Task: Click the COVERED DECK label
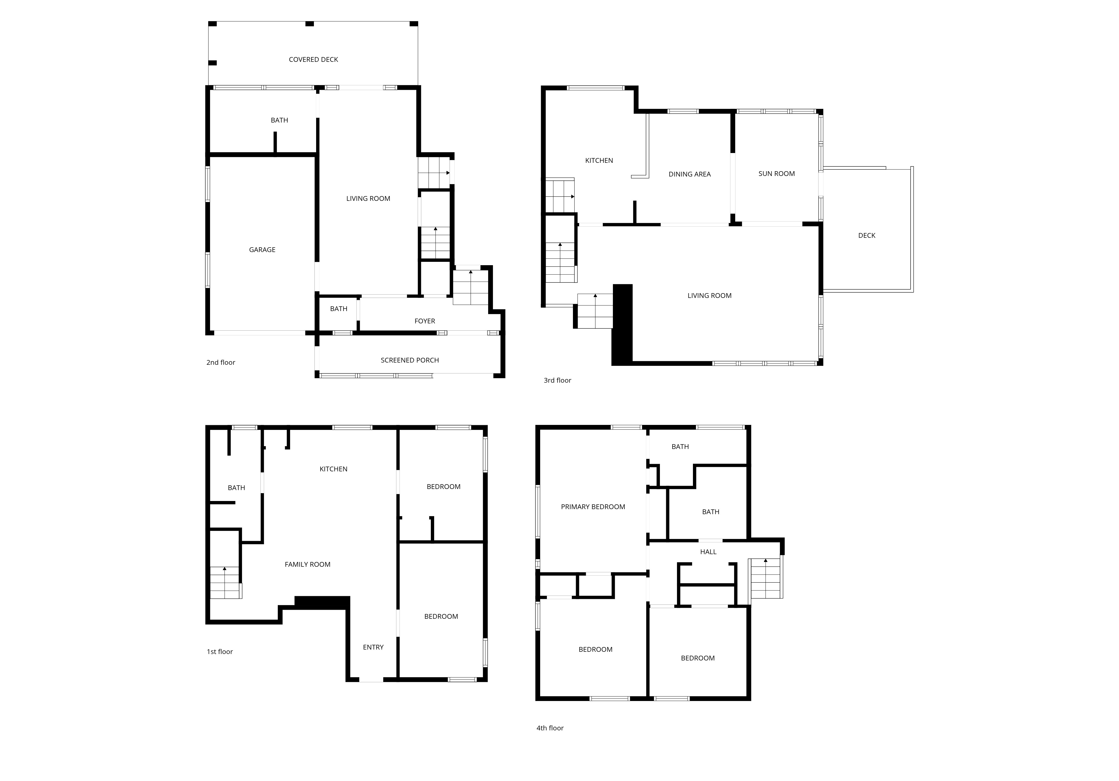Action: pos(313,59)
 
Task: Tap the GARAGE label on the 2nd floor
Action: pos(262,250)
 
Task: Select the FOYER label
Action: pos(424,321)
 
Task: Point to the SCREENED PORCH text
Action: pos(410,360)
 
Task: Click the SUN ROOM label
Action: pos(776,173)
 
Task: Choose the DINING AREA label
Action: pos(690,174)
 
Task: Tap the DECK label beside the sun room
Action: pos(867,235)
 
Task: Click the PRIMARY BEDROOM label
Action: pos(593,507)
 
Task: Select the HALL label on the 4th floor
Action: pos(708,552)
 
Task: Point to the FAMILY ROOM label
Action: pos(307,564)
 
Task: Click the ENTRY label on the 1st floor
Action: pos(373,647)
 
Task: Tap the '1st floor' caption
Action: pos(220,651)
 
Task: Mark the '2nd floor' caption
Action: pos(221,363)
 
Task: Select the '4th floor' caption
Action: pos(550,728)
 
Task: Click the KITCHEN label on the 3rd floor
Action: pos(599,160)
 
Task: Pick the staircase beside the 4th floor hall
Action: pos(766,578)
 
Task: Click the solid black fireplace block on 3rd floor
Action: pos(622,324)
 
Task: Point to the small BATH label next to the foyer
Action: pos(339,309)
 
